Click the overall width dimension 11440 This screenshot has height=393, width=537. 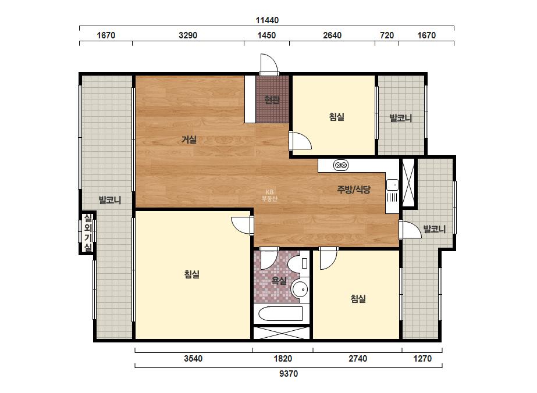[x=267, y=20]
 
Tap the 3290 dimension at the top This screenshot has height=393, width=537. [x=188, y=35]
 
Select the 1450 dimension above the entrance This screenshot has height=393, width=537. [x=266, y=35]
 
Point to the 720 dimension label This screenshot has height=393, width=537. [x=387, y=35]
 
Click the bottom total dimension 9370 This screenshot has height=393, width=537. [x=289, y=373]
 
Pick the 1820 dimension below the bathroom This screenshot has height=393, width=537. [x=283, y=359]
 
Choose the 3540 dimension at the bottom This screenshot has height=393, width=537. [x=193, y=359]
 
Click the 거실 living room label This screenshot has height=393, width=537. [x=189, y=140]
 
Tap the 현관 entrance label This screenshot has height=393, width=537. [x=272, y=99]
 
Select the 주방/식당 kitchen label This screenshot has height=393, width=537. [x=354, y=190]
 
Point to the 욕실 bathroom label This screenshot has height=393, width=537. [x=279, y=281]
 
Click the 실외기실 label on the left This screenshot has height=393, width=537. [x=88, y=233]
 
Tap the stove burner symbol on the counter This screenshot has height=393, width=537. [x=341, y=165]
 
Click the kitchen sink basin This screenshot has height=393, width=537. [x=392, y=185]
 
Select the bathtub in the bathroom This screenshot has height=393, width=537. [x=280, y=313]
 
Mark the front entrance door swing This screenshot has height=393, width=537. [x=269, y=64]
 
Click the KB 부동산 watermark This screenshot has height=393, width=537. [x=269, y=195]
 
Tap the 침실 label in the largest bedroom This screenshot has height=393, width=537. [x=192, y=274]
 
